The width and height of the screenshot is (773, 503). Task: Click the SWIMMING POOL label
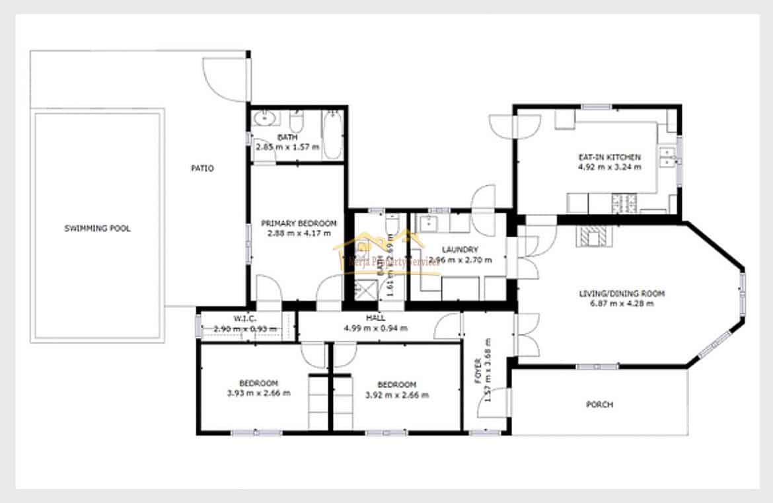(97, 229)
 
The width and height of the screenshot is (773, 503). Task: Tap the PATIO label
(202, 169)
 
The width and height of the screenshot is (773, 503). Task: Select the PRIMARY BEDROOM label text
(299, 223)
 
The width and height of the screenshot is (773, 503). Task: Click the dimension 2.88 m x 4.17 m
(299, 233)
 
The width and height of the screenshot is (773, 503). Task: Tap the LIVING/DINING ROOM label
(622, 294)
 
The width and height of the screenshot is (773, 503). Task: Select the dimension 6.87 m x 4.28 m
(622, 304)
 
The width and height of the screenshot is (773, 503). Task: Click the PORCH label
(599, 405)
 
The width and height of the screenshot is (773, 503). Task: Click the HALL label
(375, 319)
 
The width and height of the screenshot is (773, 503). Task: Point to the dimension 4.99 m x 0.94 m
(375, 328)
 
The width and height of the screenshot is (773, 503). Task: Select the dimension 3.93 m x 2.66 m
(258, 393)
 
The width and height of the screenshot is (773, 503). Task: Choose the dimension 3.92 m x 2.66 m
(396, 395)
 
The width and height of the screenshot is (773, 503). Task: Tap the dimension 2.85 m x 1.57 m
(287, 147)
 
